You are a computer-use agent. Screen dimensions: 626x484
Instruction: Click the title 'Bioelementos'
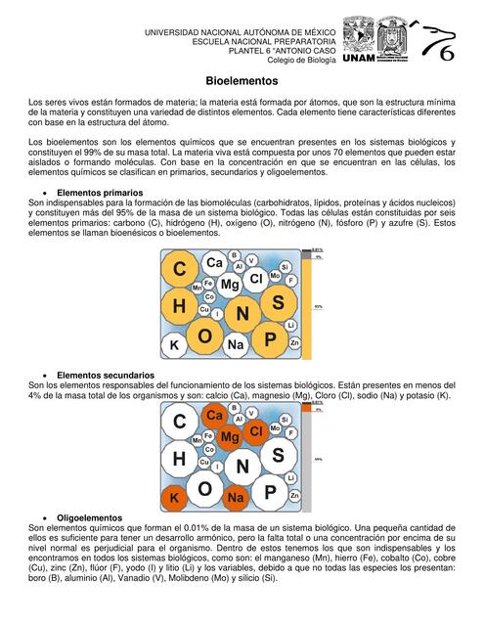pos(242,81)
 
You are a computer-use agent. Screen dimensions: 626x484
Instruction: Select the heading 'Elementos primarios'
pos(100,193)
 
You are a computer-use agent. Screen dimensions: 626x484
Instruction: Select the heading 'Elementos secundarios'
pos(105,375)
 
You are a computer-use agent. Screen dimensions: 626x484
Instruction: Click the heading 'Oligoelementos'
pos(90,516)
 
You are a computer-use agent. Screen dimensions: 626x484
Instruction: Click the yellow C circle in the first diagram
pos(180,269)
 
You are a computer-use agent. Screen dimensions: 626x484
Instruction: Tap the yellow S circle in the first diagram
pos(278,303)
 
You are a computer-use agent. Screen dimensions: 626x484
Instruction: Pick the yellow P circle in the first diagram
pos(269,340)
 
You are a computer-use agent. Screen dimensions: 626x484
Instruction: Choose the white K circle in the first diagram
pos(174,345)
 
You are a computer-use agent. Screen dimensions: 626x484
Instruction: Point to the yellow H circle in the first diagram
pos(180,307)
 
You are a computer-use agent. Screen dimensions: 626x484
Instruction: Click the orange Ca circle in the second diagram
pos(214,416)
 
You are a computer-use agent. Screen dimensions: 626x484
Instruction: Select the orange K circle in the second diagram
pos(174,499)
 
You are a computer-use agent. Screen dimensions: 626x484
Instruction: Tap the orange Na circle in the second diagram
pos(236,498)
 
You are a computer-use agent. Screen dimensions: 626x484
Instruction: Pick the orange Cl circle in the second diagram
pos(256,430)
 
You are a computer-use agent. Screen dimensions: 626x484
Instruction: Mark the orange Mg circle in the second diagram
pos(230,437)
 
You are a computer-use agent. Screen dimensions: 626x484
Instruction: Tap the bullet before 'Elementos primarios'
pos(47,194)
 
